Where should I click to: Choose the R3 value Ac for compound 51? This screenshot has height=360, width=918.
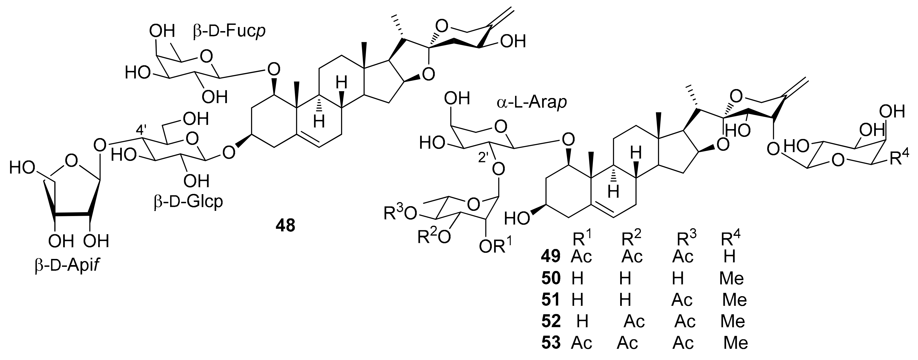tap(682, 300)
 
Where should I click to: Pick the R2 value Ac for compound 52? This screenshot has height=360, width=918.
tap(634, 322)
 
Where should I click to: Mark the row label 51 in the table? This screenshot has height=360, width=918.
tap(551, 300)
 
